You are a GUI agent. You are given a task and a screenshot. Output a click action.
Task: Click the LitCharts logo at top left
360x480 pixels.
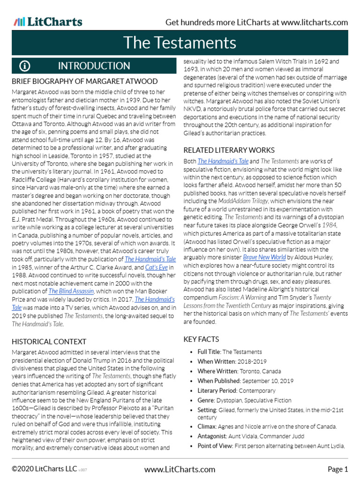pos(48,22)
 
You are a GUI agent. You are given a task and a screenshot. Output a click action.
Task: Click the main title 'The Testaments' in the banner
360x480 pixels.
pos(180,43)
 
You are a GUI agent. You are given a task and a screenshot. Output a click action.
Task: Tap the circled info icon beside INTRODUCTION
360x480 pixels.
pos(25,66)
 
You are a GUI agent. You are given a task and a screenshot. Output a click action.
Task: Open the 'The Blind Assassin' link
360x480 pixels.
pos(71,291)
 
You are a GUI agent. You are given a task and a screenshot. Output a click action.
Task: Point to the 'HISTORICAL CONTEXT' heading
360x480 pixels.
pos(49,342)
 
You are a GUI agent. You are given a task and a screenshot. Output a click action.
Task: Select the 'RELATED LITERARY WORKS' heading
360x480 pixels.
pos(229,150)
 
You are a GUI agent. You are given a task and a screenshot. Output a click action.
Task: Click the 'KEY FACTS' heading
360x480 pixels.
pos(201,339)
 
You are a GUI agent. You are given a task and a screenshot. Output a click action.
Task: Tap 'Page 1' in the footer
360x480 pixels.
pos(337,469)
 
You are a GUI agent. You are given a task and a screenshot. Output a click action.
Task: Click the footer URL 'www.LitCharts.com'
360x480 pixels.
pos(180,469)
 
